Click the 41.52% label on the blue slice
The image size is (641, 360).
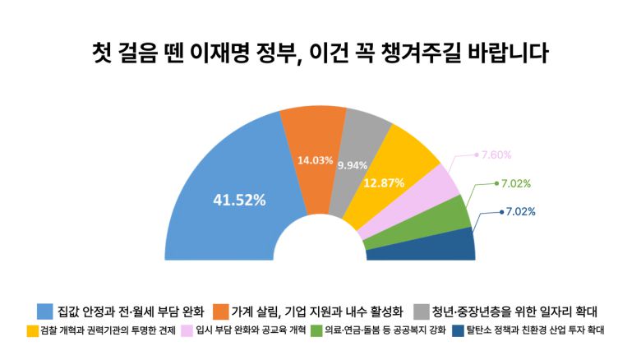239,199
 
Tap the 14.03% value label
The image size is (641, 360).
315,160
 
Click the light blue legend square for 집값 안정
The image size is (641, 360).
45,312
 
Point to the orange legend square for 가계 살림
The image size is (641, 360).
220,312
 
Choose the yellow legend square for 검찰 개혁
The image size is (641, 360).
34,331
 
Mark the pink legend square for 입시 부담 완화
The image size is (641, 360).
187,331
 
